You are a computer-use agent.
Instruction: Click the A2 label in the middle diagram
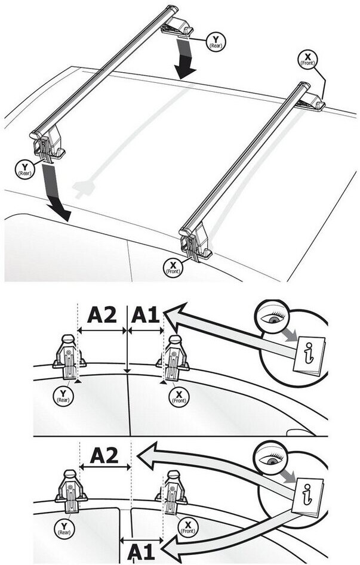point(102,315)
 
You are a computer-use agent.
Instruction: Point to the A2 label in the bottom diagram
point(105,457)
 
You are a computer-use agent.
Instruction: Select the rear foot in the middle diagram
point(69,357)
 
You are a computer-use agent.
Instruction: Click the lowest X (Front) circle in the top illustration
point(174,267)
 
